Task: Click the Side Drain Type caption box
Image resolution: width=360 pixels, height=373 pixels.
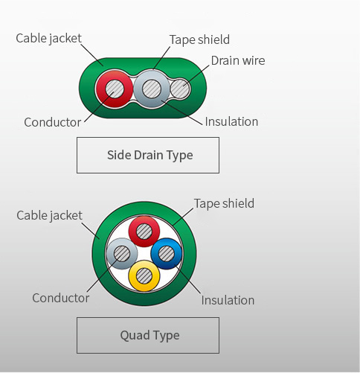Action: click(148, 155)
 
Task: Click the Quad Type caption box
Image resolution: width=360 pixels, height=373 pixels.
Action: click(148, 335)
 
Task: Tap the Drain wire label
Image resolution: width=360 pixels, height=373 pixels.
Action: click(238, 60)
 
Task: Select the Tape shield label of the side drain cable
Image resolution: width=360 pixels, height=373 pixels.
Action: click(199, 39)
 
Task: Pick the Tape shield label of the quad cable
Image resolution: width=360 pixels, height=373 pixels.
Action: click(224, 203)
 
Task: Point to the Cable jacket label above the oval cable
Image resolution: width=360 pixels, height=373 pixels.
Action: click(48, 39)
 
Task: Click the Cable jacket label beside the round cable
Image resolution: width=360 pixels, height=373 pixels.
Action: click(49, 215)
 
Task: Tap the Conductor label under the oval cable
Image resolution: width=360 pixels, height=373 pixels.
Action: click(53, 122)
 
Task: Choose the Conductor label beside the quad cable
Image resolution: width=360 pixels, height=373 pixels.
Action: click(61, 298)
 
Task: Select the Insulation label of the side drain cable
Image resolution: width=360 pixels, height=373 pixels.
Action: click(231, 121)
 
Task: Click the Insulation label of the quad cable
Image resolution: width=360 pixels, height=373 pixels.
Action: click(228, 300)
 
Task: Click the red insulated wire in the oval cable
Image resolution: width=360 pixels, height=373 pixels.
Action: click(115, 89)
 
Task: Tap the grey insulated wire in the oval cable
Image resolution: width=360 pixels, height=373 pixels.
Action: click(152, 89)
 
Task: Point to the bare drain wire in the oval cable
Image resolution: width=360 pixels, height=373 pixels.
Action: click(180, 89)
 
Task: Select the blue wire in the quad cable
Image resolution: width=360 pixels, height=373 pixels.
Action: click(167, 254)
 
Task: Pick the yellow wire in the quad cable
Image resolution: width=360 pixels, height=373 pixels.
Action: click(144, 275)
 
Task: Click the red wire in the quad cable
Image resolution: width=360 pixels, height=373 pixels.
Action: click(144, 232)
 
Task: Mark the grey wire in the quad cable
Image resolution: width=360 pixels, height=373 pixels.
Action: click(122, 254)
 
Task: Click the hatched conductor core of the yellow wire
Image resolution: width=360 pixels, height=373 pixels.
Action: click(144, 275)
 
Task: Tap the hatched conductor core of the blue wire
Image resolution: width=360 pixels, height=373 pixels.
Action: click(167, 254)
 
